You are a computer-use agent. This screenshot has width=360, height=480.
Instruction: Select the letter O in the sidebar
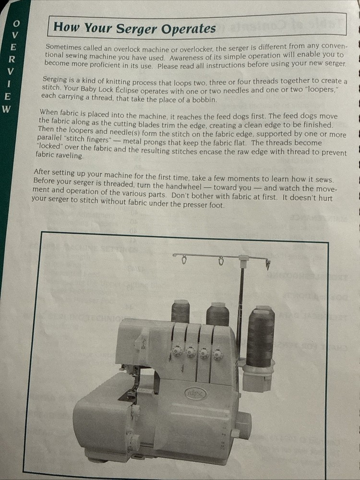pos(16,23)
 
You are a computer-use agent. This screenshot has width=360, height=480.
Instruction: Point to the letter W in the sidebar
pos(6,108)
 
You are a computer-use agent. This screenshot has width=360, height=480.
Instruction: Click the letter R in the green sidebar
pos(13,59)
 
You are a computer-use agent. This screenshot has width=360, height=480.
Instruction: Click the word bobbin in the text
pos(204,100)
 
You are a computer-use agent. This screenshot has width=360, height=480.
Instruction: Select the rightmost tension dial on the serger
pos(217,354)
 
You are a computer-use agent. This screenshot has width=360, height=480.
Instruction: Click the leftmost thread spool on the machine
pos(180,311)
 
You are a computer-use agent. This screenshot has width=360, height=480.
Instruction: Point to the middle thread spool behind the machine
pos(217,314)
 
